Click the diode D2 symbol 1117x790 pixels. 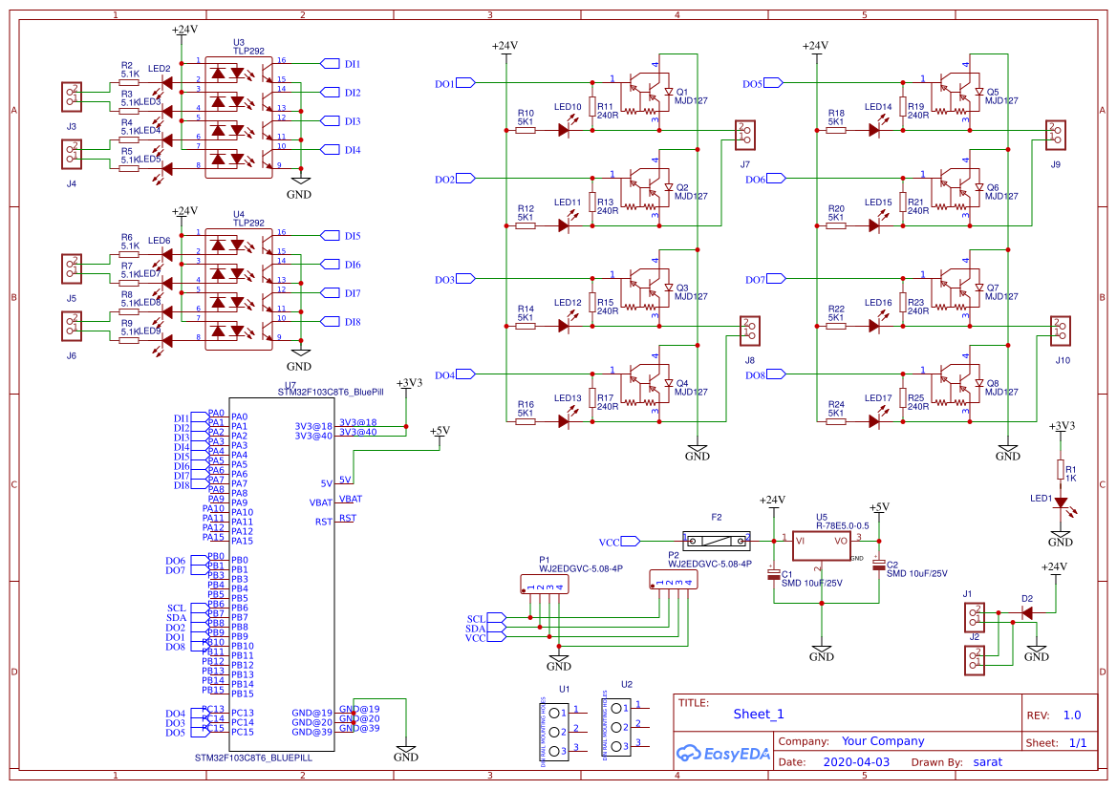pos(1026,612)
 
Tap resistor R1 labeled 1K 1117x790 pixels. pos(1060,469)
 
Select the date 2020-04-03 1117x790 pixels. pos(855,762)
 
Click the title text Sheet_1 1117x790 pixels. pos(758,714)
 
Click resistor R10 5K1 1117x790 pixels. pos(525,130)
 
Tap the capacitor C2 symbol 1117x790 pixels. pos(878,565)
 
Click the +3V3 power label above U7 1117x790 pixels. pos(408,383)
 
